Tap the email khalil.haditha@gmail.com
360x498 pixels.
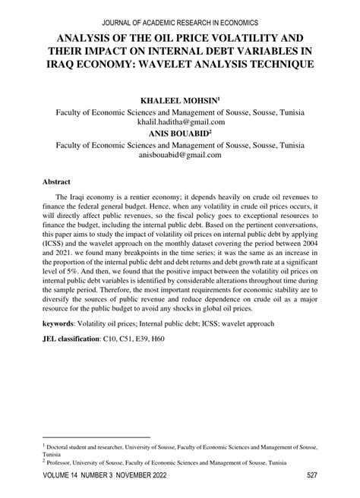tap(180, 121)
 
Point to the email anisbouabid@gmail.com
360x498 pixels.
tap(180, 154)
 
